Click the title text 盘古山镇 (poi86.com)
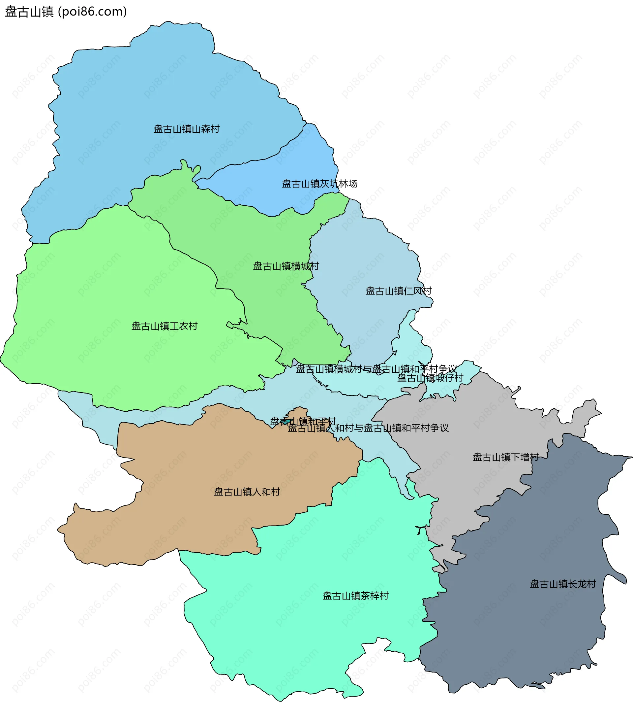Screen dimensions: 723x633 pos(66,12)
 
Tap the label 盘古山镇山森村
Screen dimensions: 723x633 pos(187,129)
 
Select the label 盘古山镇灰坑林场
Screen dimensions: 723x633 pos(319,184)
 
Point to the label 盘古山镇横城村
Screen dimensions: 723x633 pos(286,266)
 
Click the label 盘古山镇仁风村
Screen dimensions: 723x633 pos(399,291)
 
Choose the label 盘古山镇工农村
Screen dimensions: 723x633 pos(164,326)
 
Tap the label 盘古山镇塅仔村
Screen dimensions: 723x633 pos(430,378)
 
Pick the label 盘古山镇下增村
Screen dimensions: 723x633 pos(505,457)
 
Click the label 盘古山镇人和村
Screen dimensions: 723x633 pos(247,492)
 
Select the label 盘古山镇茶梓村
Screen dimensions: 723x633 pos(355,596)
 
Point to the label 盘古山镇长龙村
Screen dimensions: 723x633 pos(563,584)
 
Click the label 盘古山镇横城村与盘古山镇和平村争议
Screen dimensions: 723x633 pos(376,369)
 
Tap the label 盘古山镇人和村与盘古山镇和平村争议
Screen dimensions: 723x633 pos(368,429)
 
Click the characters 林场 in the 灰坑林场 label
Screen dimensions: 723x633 pos(348,184)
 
